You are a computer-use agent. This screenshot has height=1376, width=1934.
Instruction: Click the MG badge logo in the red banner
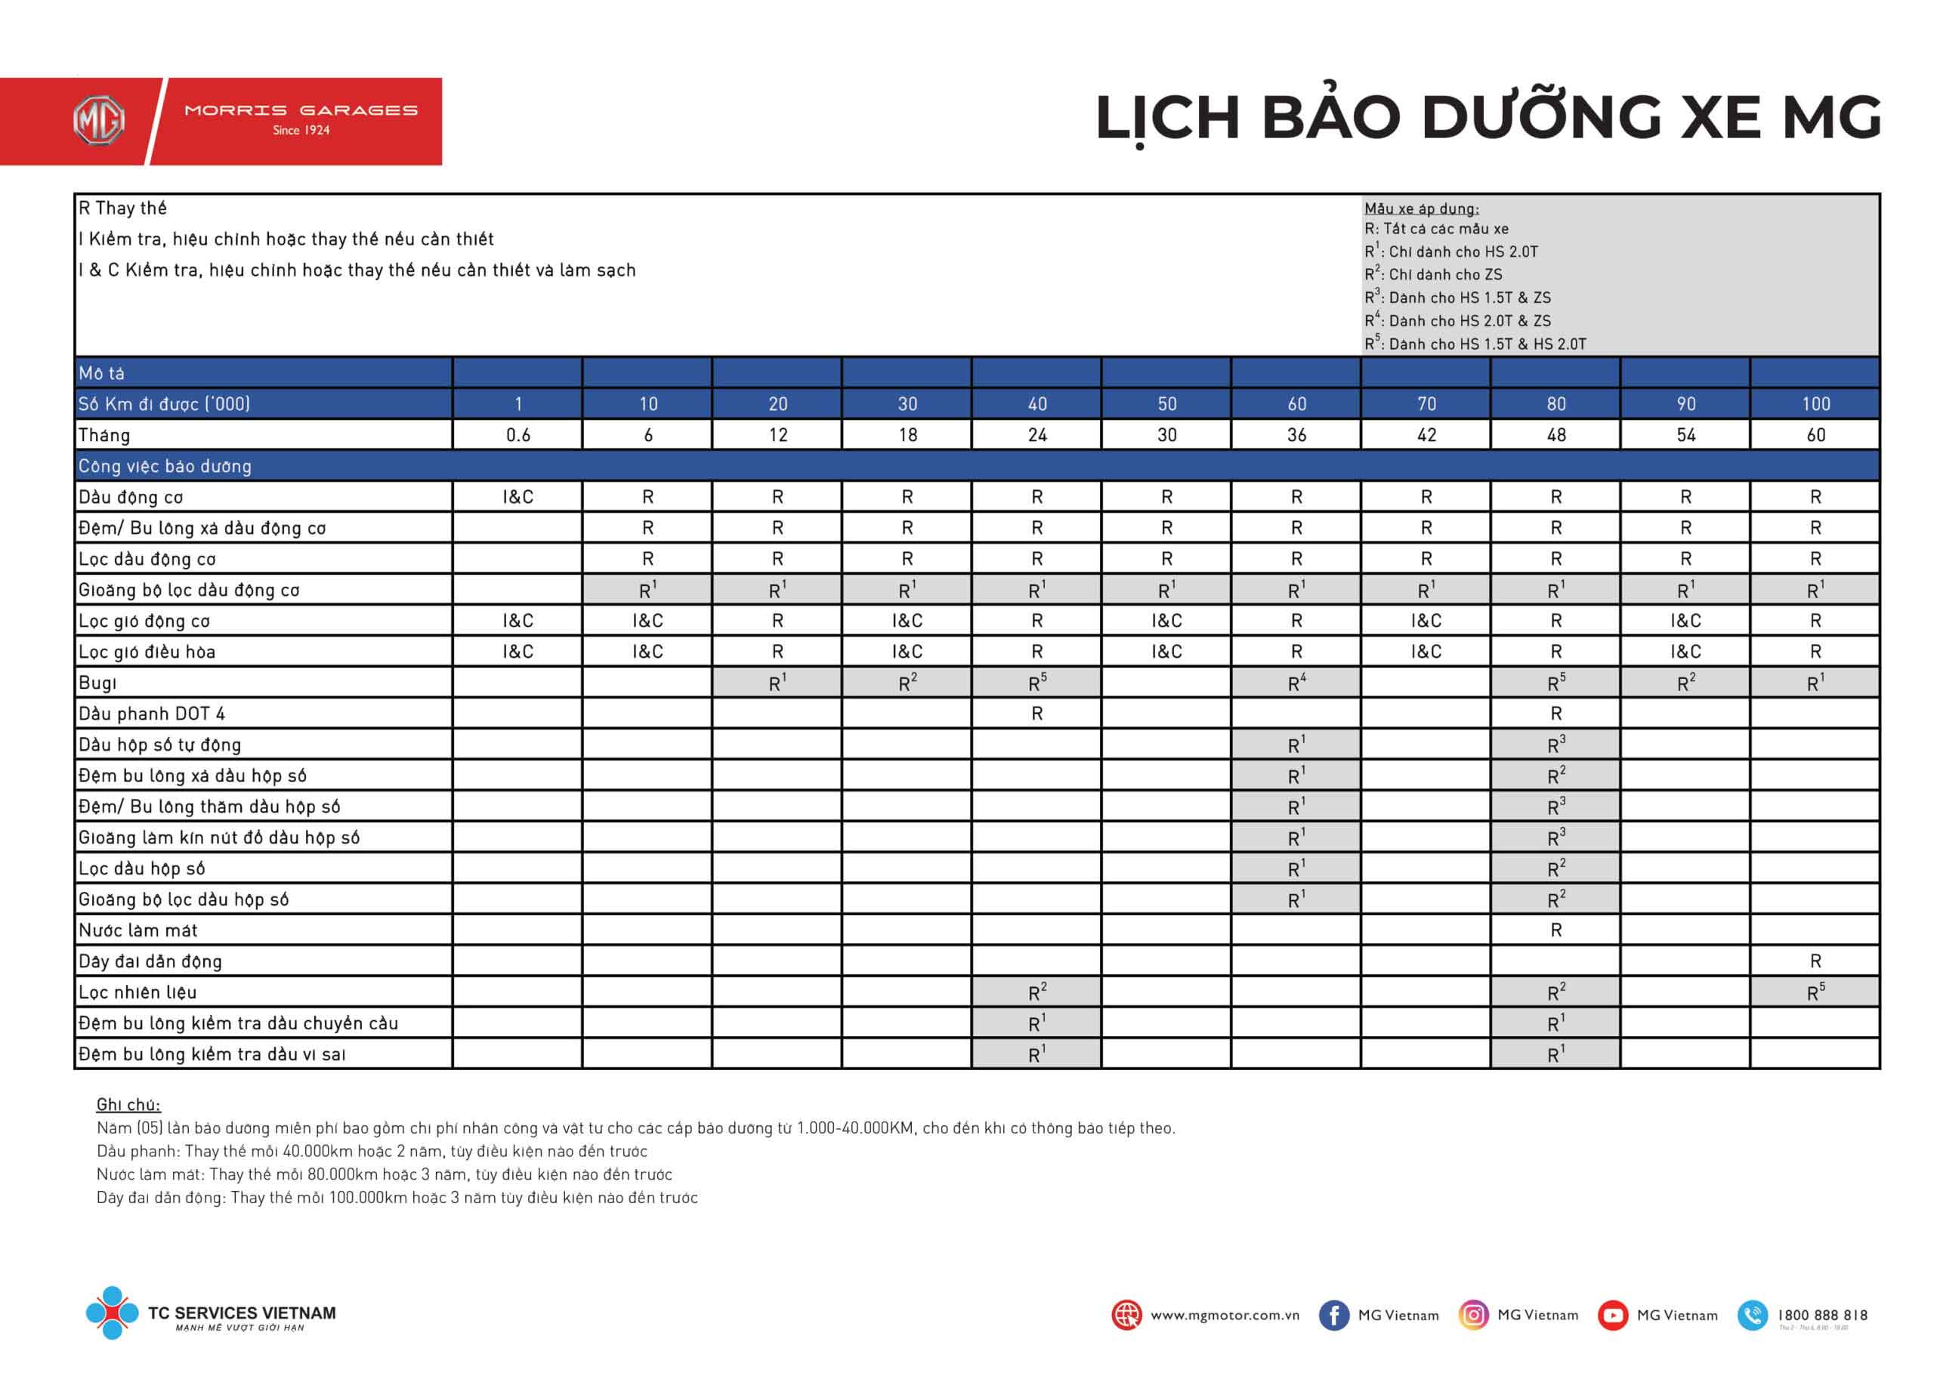99,121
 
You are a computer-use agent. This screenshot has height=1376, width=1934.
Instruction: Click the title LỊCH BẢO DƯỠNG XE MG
1488,118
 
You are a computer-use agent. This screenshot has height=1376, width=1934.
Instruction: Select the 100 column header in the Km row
1815,404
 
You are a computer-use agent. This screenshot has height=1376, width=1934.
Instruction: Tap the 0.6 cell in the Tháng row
517,436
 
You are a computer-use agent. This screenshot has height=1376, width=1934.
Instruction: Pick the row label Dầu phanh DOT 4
152,714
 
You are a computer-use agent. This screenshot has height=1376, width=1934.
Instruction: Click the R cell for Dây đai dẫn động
1815,961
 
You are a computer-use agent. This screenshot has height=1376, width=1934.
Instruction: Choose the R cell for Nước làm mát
1556,930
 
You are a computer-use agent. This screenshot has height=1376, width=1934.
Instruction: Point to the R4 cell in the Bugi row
1296,683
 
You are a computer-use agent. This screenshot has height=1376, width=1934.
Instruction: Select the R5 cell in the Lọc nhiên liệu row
1815,992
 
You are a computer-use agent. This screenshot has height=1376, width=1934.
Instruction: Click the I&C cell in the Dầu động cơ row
517,498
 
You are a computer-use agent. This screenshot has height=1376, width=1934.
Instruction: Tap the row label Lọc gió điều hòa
147,652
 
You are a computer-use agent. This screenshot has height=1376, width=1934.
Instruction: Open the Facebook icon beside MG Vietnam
1333,1315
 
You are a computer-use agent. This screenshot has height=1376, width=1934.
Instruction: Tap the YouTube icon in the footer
1612,1315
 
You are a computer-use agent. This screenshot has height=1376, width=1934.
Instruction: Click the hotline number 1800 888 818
1822,1315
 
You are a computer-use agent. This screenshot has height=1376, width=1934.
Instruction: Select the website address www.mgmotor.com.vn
1224,1315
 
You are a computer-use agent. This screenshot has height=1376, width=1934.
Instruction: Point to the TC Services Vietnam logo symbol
112,1313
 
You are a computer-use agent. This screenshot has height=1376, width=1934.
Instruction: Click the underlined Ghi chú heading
128,1105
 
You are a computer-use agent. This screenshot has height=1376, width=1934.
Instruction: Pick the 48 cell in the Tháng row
1556,436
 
